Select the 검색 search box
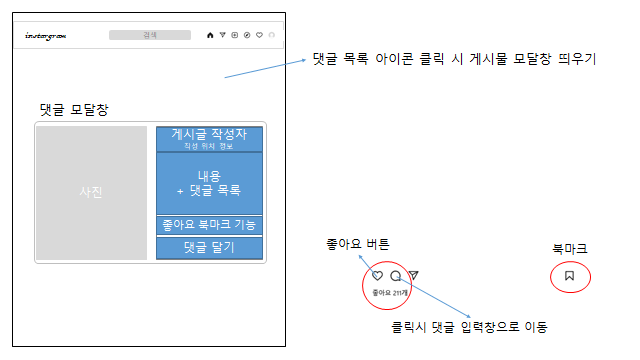149,35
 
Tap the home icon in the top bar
210,35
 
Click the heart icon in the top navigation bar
259,35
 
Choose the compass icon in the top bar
246,35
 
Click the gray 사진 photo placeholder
91,193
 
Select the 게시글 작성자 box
208,139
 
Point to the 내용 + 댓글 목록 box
208,183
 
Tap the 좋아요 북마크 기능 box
208,225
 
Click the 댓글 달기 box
208,247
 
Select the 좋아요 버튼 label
358,244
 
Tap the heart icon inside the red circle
378,276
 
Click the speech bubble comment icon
395,276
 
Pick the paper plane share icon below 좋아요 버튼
413,276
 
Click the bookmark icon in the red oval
569,275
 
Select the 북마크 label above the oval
570,248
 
